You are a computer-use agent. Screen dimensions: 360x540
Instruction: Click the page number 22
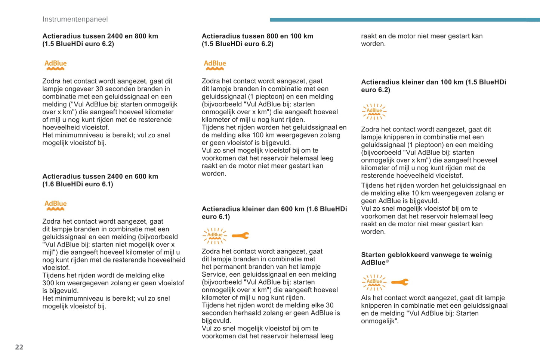(19, 347)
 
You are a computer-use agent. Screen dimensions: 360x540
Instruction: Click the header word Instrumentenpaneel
(75, 19)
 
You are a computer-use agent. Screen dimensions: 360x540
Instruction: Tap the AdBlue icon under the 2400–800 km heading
(55, 65)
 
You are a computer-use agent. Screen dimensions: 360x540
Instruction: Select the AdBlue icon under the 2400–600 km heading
(55, 205)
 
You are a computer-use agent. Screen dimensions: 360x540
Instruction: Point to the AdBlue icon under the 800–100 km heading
(215, 65)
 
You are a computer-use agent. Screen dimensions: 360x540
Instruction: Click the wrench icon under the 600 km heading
(240, 236)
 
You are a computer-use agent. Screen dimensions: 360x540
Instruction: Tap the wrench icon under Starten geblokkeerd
(400, 282)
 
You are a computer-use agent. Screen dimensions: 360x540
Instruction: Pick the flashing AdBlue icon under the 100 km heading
(374, 112)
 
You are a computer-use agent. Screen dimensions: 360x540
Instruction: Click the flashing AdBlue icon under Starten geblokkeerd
(374, 282)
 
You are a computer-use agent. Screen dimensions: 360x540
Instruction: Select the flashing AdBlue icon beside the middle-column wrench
(215, 236)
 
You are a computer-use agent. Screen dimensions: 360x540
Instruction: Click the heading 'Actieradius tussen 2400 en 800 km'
(100, 36)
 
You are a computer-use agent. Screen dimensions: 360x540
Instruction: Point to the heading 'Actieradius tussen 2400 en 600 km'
(100, 176)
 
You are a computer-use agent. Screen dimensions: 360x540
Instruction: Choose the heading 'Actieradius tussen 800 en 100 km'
(257, 36)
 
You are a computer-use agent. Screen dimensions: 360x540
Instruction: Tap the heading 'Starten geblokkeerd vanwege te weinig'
(426, 255)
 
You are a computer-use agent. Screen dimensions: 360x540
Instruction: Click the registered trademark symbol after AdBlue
(387, 261)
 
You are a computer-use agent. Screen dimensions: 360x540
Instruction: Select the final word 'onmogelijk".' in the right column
(380, 321)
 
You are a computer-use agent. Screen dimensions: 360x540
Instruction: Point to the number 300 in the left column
(48, 283)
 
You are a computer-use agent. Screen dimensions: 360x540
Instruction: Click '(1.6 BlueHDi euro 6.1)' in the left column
(78, 184)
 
